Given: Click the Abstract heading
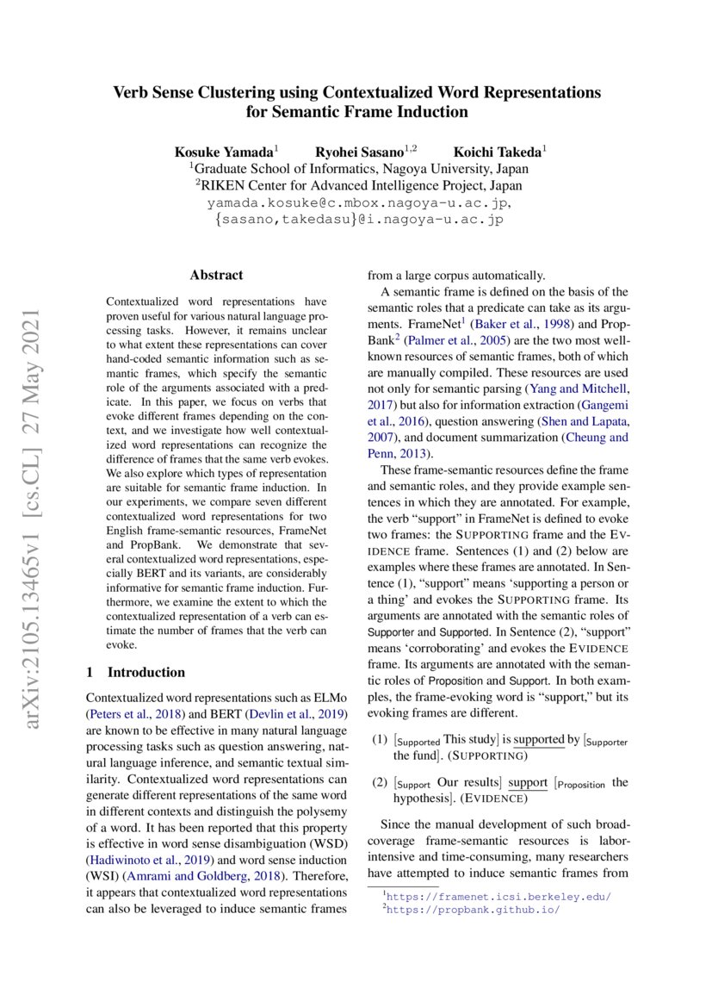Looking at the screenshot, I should pos(216,276).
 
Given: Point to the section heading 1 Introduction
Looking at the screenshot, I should pos(136,672).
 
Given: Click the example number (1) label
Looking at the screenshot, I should pos(379,740).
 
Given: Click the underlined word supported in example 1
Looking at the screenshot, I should pos(539,740).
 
